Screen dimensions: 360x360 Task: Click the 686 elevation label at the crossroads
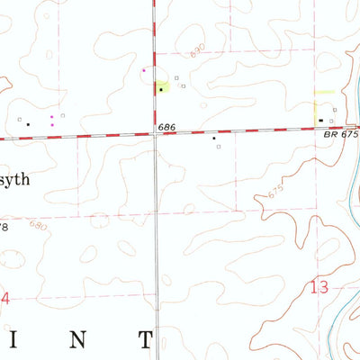(x=166, y=128)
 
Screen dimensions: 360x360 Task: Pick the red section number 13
(x=319, y=287)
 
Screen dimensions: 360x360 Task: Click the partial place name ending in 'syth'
(x=15, y=179)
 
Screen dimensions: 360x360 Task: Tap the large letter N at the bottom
(x=79, y=339)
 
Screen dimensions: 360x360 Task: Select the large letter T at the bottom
(x=145, y=339)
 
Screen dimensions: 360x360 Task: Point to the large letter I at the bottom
(x=25, y=339)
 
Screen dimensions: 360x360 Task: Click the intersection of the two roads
(x=154, y=132)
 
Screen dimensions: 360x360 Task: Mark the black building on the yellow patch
(x=161, y=89)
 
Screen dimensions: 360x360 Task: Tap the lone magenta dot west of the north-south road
(x=144, y=69)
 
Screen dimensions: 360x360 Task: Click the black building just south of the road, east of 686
(x=213, y=139)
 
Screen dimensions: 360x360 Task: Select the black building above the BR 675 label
(x=321, y=120)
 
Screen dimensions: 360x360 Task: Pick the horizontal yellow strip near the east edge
(x=323, y=92)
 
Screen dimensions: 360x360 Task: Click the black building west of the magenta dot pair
(x=27, y=123)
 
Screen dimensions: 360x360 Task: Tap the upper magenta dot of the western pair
(x=52, y=117)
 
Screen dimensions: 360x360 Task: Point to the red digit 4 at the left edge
(x=4, y=297)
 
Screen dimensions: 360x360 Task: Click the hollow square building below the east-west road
(x=219, y=146)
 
